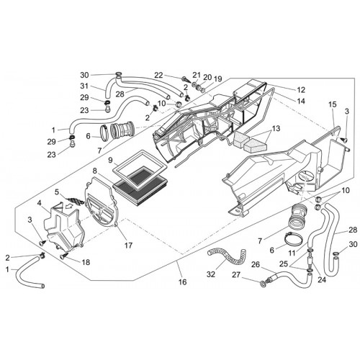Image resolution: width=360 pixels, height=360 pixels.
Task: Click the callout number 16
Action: point(183,282)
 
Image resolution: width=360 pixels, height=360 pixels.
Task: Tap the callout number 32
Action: point(211,274)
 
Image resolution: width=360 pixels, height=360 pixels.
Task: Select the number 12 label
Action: point(301,90)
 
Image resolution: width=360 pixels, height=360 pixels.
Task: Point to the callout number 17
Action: point(128,246)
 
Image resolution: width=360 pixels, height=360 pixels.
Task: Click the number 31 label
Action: point(84,86)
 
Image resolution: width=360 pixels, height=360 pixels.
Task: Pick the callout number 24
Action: point(322,279)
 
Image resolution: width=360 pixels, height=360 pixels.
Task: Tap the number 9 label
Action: point(110,160)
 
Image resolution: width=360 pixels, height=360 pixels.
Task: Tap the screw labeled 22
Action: point(185,78)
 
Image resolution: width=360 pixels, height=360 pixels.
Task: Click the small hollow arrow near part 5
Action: point(70,206)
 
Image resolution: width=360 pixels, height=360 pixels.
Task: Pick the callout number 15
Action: point(333,104)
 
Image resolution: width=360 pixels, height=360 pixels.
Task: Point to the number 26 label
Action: point(256,264)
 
